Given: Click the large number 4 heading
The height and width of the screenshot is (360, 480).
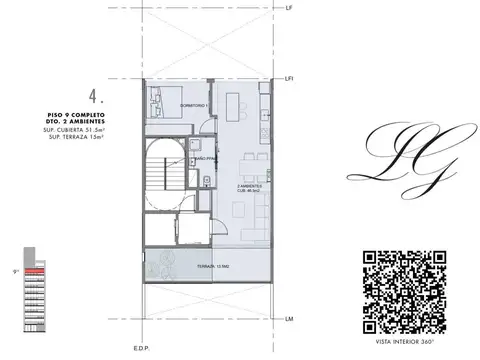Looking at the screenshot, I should point(96,97).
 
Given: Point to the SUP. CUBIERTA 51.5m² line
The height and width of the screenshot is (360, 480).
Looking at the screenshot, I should point(74,129).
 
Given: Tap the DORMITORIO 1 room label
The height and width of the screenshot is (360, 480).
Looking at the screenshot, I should point(193,104).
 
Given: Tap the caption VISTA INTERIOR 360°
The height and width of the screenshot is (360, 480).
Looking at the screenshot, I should point(402,341).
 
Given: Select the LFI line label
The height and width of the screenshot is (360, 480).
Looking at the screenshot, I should point(289,77).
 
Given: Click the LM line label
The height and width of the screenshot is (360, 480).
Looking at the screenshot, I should point(288,318).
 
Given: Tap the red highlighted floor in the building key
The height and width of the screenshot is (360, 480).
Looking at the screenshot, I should point(36,270).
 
